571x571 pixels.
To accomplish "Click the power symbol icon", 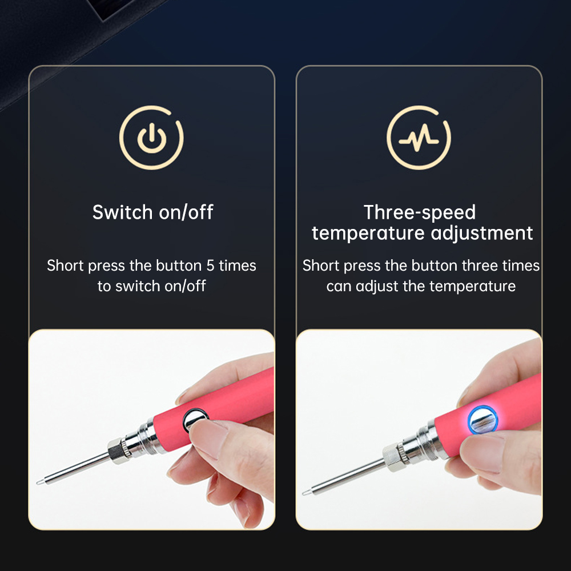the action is coord(151,138).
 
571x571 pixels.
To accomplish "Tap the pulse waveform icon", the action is coord(419,138).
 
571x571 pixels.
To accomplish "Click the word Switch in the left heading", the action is coord(122,212).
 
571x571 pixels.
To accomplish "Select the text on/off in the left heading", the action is coord(186,212).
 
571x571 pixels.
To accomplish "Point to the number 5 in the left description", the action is coord(210,266).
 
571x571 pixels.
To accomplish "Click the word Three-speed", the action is coord(420,212).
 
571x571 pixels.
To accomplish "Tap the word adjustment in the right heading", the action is coord(482,234).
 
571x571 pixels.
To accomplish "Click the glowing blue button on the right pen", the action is coord(482,420).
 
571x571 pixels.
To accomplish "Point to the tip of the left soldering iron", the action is coord(38,482).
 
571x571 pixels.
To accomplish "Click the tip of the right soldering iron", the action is coord(304,494).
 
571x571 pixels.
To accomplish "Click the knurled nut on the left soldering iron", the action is coord(119,451).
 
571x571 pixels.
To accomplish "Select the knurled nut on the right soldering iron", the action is coord(394,458).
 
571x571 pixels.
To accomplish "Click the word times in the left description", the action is coord(238,266).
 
